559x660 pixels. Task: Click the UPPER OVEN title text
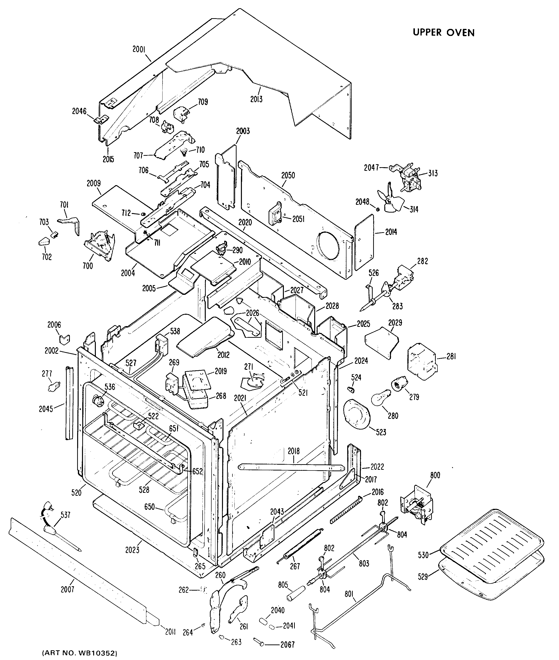444,33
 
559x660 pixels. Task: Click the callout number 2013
256,99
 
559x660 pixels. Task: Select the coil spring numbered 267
299,547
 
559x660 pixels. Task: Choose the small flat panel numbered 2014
363,242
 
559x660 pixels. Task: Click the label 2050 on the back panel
288,175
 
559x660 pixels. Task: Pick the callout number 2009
94,183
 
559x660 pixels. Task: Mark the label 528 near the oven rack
144,489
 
